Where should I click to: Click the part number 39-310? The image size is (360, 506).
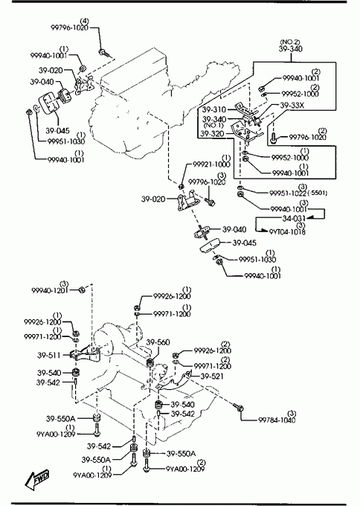[x=214, y=109]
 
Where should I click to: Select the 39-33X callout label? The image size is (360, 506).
[x=292, y=105]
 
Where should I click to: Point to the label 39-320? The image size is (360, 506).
[x=212, y=134]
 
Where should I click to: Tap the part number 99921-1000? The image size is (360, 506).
[x=212, y=164]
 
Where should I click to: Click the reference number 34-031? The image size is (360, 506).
[x=294, y=219]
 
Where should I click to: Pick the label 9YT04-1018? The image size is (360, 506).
[x=287, y=231]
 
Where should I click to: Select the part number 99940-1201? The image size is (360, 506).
[x=50, y=290]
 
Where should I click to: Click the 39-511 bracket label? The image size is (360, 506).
[x=48, y=355]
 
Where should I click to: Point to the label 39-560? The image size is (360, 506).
[x=158, y=342]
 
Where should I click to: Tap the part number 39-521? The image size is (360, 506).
[x=212, y=377]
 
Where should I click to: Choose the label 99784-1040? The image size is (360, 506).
[x=277, y=420]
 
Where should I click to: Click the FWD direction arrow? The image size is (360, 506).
[x=37, y=478]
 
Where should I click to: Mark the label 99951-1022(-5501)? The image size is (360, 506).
[x=298, y=193]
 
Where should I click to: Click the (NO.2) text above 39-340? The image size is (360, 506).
[x=290, y=42]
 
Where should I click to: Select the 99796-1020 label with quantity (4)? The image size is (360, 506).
[x=70, y=28]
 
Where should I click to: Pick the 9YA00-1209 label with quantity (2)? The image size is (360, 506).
[x=185, y=469]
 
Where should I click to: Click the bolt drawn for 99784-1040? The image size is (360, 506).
[x=238, y=407]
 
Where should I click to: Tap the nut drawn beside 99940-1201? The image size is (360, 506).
[x=82, y=289]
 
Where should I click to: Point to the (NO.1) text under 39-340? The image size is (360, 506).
[x=213, y=125]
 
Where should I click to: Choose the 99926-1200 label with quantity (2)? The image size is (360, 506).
[x=213, y=350]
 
